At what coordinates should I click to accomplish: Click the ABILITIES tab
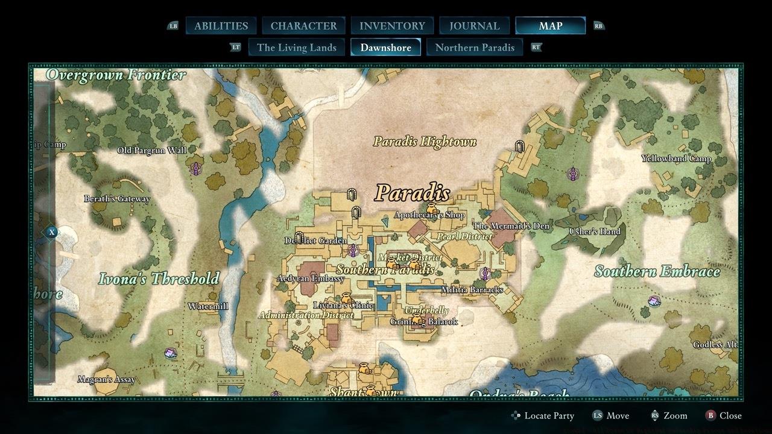tap(221, 26)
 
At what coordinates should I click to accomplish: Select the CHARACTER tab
tap(303, 26)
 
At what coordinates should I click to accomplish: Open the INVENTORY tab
tap(392, 26)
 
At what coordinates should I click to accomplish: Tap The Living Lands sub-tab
tap(296, 48)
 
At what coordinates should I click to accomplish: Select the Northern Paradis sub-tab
tap(475, 48)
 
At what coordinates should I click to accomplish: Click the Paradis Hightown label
tap(425, 142)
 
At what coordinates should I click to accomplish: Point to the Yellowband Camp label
tap(676, 159)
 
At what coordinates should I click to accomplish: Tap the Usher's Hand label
tap(594, 231)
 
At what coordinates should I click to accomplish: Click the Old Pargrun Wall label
tap(151, 150)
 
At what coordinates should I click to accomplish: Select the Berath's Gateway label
tap(117, 199)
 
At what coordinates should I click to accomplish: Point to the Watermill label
tap(207, 306)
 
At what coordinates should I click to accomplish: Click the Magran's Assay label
tap(106, 380)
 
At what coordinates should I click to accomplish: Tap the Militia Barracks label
tap(472, 290)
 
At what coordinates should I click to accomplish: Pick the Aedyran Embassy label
tap(311, 278)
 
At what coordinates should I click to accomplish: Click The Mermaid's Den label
tap(511, 226)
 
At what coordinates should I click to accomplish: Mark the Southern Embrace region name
tap(657, 271)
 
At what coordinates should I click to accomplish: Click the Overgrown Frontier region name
tap(116, 75)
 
